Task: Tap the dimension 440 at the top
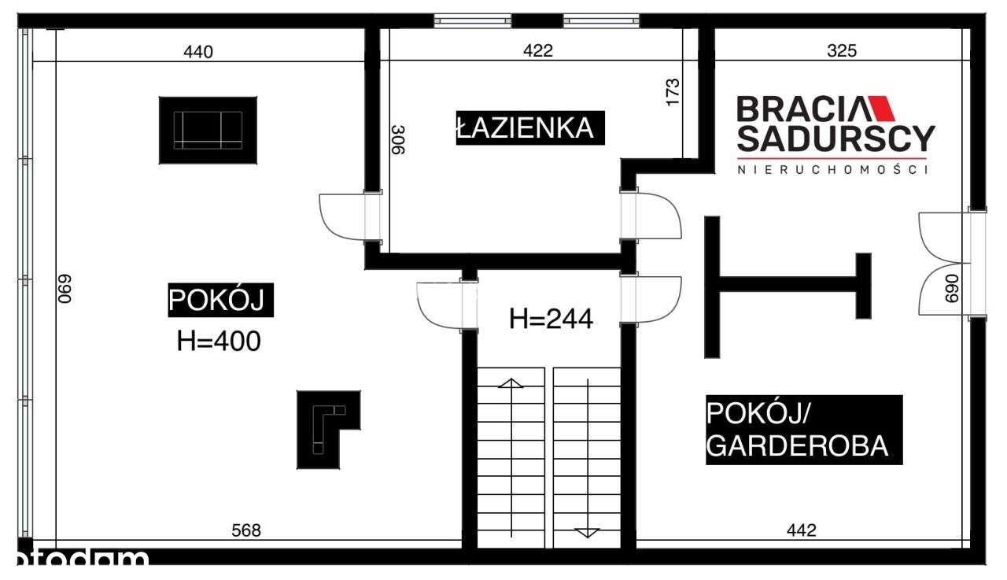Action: tap(197, 52)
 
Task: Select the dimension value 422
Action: tap(538, 51)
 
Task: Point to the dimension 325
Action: tap(843, 51)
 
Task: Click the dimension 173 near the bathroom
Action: tap(673, 92)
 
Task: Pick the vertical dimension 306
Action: tap(398, 140)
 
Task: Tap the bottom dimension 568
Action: tap(246, 530)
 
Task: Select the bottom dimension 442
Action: tap(802, 530)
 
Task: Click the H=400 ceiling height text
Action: tap(219, 342)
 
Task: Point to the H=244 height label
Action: tap(551, 319)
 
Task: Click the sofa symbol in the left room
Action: tap(208, 130)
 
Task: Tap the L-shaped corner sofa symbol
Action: tap(328, 429)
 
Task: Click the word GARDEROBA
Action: tap(798, 446)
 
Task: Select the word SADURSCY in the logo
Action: tap(835, 139)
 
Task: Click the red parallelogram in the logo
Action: tap(877, 109)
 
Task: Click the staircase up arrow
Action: tap(511, 383)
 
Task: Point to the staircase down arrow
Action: tap(587, 532)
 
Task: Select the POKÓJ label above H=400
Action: tap(221, 301)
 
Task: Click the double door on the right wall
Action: tap(946, 263)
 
